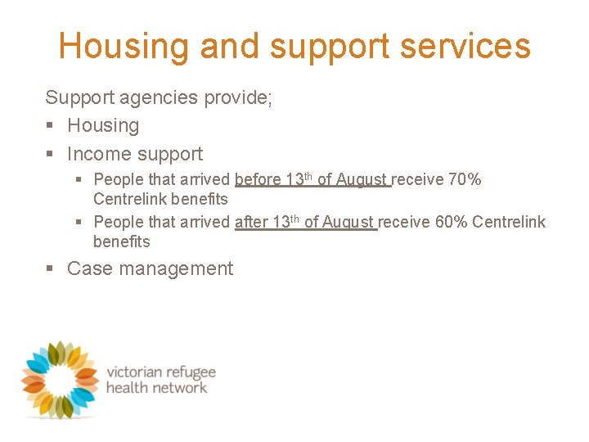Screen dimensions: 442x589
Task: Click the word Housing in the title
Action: (124, 47)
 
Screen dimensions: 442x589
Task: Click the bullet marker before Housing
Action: (51, 126)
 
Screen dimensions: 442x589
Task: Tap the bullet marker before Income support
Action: (51, 155)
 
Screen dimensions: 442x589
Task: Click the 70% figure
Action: (465, 179)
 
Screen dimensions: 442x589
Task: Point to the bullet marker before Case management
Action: (51, 269)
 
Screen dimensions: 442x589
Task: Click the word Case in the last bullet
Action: (88, 268)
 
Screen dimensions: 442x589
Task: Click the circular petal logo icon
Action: (60, 379)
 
